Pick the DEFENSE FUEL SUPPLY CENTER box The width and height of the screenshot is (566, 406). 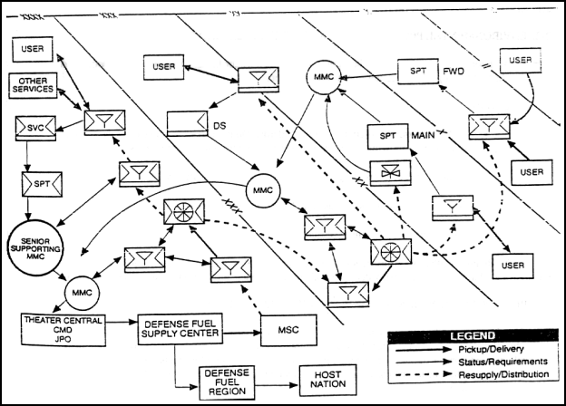(x=179, y=324)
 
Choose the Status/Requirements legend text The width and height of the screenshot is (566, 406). (x=508, y=362)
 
